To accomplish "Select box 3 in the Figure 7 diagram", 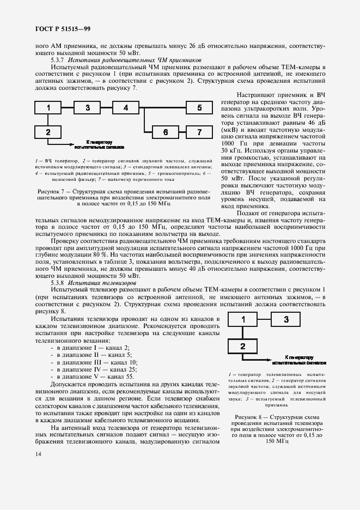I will (x=87, y=108).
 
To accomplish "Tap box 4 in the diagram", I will (x=126, y=108).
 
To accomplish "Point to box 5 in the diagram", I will (x=199, y=108).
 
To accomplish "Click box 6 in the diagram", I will (x=166, y=132).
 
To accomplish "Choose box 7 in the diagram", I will (x=199, y=132).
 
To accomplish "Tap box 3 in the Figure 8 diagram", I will (x=286, y=320).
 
